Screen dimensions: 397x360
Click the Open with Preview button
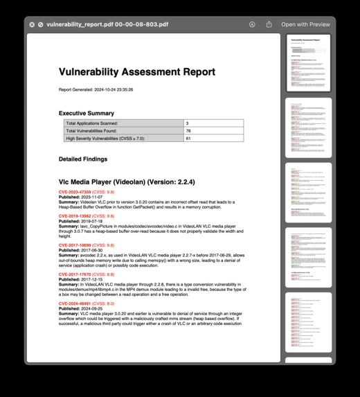tap(305, 24)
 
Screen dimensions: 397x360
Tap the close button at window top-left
tap(32, 24)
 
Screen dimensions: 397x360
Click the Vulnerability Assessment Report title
tap(136, 72)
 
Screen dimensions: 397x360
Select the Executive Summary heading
tap(86, 113)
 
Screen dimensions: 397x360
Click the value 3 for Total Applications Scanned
tap(187, 123)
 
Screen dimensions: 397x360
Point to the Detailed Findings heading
tap(84, 159)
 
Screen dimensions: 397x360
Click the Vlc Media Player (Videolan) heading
tap(127, 182)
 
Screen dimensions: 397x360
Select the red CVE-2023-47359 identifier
tap(75, 191)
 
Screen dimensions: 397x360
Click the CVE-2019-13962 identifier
tap(75, 216)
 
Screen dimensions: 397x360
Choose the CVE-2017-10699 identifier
tap(75, 245)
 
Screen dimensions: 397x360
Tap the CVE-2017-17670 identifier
tap(75, 274)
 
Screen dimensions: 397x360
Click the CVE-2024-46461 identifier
tap(75, 303)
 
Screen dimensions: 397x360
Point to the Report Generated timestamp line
tap(105, 89)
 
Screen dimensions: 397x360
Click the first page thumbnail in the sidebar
tap(308, 62)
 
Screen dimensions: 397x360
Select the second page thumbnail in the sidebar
tap(308, 127)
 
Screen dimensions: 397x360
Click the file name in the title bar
tap(107, 24)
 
